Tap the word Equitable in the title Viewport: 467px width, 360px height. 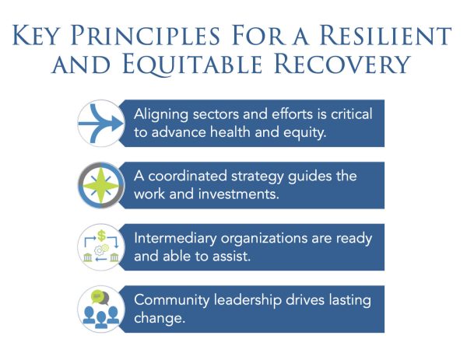click(192, 64)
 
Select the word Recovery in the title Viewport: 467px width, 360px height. click(342, 64)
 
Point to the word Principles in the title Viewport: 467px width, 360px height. click(146, 36)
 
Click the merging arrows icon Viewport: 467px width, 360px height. click(101, 123)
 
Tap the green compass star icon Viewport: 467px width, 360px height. click(101, 186)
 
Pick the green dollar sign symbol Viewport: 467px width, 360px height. click(101, 236)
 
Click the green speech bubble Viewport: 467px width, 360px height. click(97, 296)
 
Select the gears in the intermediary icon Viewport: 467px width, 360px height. click(101, 250)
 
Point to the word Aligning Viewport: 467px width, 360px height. click(161, 115)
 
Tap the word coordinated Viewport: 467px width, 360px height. click(188, 177)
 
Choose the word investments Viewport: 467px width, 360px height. click(239, 194)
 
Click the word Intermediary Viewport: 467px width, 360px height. click(175, 239)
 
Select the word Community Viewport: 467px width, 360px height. click(172, 300)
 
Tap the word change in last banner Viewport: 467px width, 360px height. click(160, 318)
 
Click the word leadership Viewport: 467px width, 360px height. click(248, 300)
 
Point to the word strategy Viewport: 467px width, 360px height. click(258, 177)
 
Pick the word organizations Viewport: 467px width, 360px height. click(265, 239)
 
